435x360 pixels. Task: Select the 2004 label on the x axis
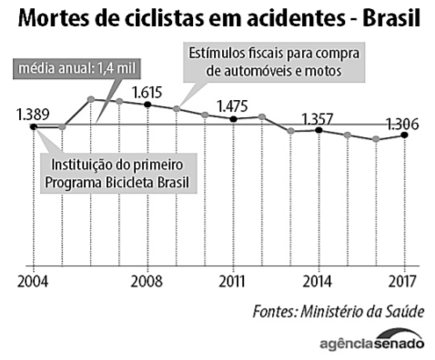coord(33,281)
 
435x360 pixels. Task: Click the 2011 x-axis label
coord(234,281)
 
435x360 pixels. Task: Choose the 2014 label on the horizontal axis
coord(319,281)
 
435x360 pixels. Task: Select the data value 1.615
coord(147,91)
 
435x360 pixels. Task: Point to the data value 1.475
coord(234,105)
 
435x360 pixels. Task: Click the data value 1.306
coord(401,124)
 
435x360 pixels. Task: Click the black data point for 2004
coord(33,126)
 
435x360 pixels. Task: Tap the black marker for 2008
coord(147,105)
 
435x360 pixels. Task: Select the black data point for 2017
coord(404,135)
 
